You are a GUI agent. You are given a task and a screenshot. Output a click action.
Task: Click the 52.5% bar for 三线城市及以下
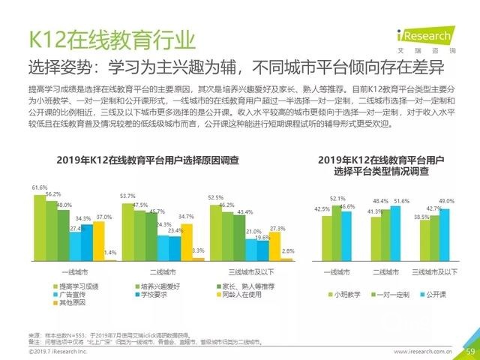pyautogui.click(x=216, y=232)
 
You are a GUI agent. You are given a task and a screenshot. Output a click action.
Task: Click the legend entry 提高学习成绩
pyautogui.click(x=78, y=287)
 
